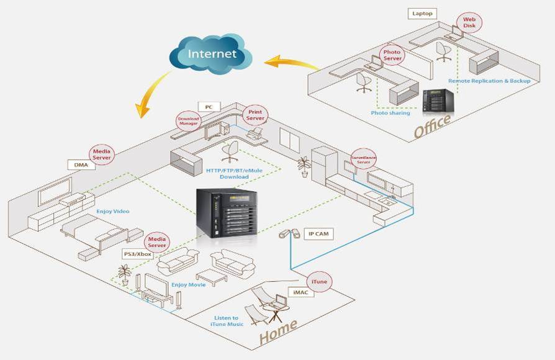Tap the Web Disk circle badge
click(469, 22)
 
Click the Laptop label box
click(423, 12)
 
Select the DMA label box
click(81, 165)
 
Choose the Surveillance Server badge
click(363, 158)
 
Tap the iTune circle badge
click(320, 282)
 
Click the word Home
click(277, 333)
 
